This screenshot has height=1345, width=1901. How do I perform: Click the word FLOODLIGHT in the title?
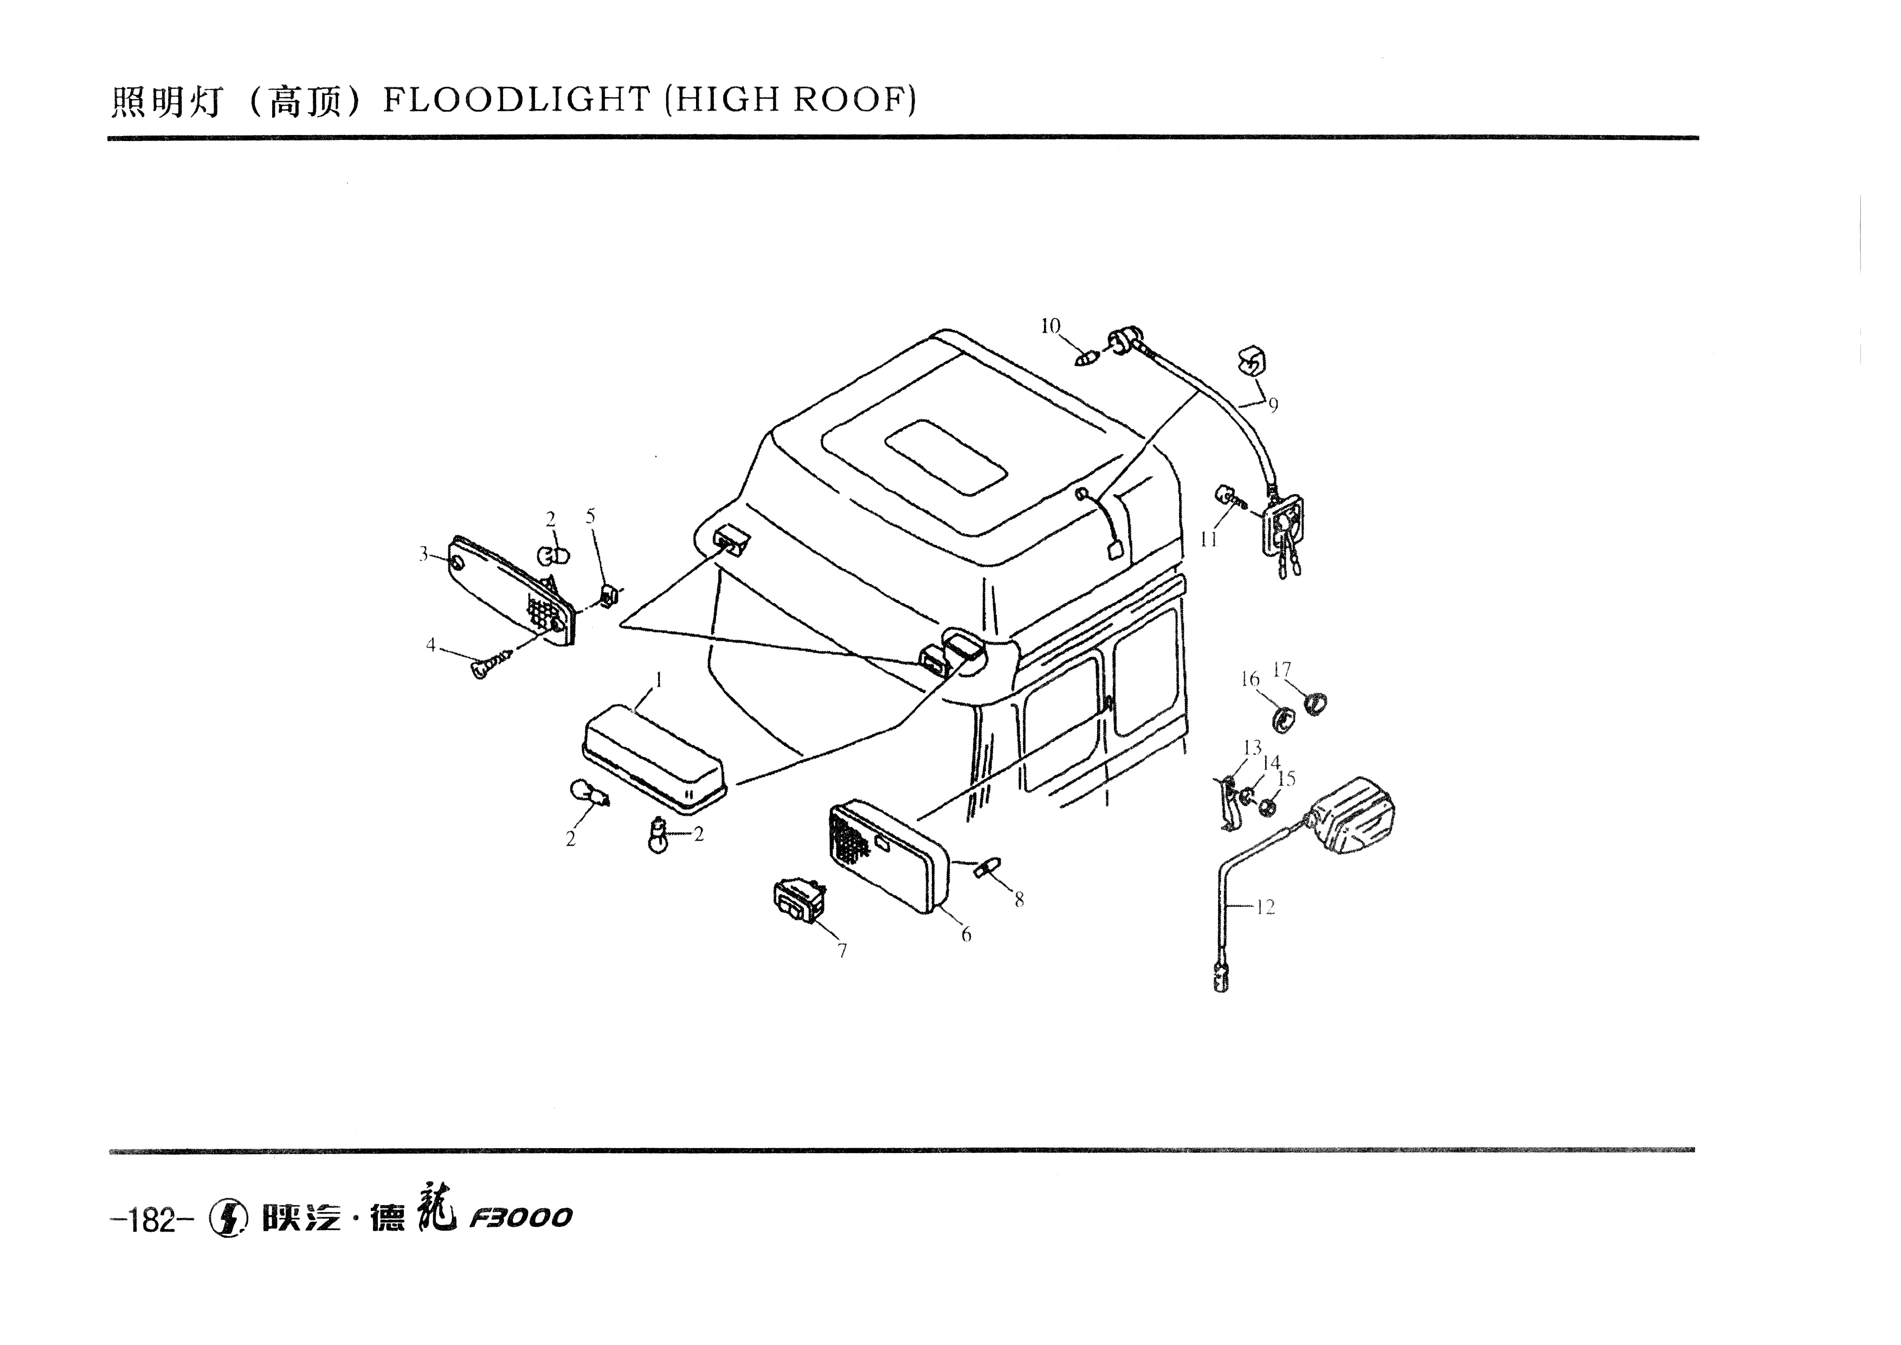(517, 100)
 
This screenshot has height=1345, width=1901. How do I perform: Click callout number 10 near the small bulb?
(1050, 326)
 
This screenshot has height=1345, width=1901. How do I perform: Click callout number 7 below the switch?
(842, 951)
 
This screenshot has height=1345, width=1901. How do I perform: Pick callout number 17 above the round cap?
(1281, 669)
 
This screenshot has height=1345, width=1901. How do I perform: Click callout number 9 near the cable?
(1273, 405)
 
